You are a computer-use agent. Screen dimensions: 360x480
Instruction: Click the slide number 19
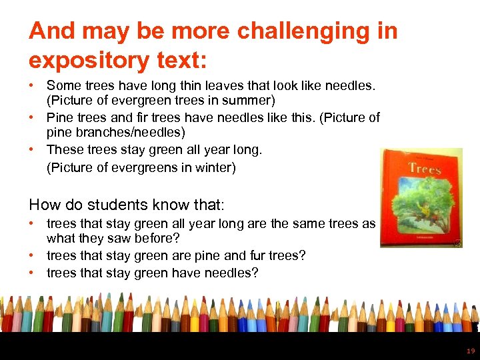tap(471, 351)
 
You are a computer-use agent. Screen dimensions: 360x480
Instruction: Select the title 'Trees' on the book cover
tap(425, 169)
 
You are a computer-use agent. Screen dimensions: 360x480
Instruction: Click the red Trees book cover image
tap(421, 198)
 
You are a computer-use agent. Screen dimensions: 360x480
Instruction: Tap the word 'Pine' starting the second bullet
tap(59, 118)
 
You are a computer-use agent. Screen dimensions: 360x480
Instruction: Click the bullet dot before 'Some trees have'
tap(33, 86)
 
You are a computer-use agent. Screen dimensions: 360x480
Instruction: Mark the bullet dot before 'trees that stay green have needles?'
tap(33, 272)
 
